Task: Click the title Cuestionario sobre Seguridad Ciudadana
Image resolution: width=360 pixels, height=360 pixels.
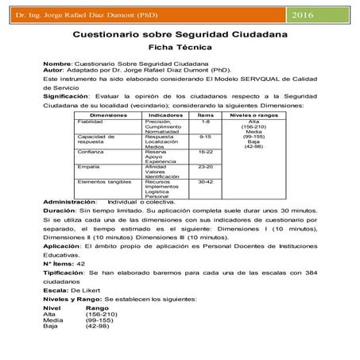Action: (x=180, y=37)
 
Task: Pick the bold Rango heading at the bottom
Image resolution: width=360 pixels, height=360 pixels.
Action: (x=97, y=307)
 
